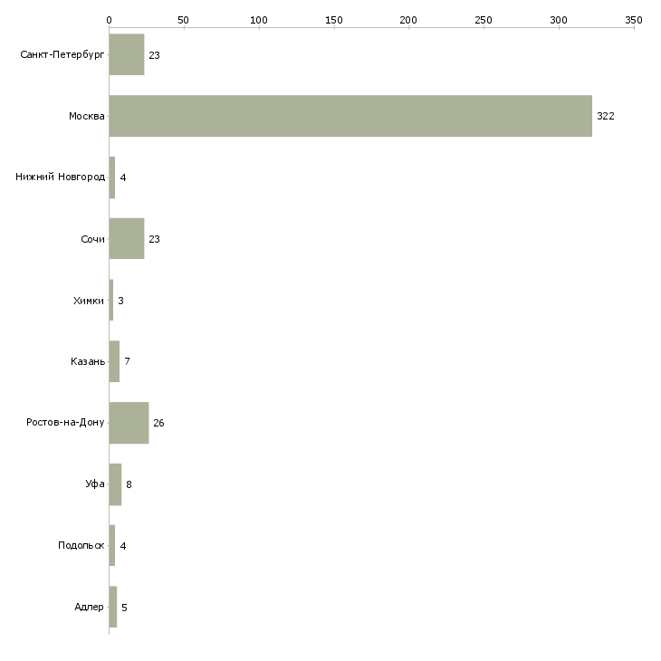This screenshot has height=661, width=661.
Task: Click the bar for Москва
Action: [350, 116]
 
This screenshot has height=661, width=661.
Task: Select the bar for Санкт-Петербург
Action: [127, 54]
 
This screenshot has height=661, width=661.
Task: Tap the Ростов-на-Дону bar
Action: [129, 423]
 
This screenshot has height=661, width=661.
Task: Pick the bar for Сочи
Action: [127, 239]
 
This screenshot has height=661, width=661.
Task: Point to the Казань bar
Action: [114, 361]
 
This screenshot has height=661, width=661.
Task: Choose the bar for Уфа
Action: [115, 484]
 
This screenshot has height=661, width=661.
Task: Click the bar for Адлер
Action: [113, 607]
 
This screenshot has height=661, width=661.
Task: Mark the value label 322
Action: [606, 116]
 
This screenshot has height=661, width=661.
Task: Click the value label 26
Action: [158, 423]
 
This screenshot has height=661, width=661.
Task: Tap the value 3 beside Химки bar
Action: [120, 301]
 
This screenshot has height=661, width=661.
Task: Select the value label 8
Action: [129, 484]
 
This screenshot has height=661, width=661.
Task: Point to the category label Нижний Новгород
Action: [61, 177]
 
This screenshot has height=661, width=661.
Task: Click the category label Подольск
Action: [81, 545]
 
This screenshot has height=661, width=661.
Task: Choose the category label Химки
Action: [89, 301]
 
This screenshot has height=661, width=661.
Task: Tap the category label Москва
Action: [87, 116]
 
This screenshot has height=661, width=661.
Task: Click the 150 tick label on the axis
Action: [334, 20]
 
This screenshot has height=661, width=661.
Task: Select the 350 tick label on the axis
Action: [634, 20]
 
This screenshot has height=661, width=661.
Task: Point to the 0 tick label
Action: [110, 20]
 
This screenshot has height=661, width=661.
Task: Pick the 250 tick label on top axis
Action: [484, 20]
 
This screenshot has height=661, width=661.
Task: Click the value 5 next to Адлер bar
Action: [124, 608]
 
